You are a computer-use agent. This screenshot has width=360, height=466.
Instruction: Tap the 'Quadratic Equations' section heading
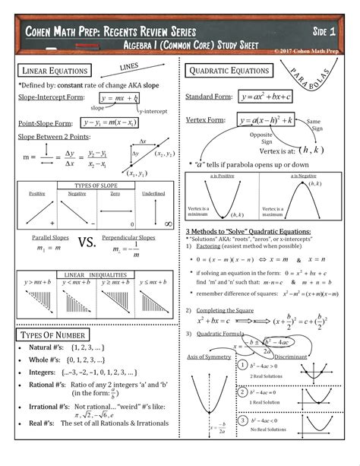coord(229,71)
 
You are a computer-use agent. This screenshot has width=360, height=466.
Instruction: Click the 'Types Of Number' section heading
coord(54,335)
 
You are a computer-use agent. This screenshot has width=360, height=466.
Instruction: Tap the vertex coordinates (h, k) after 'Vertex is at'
coord(311,149)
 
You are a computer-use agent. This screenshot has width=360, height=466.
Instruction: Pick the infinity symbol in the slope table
coord(168,223)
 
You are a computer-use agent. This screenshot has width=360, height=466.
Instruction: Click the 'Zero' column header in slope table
coord(115,193)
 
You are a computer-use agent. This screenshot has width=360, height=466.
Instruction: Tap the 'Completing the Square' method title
coord(227,311)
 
